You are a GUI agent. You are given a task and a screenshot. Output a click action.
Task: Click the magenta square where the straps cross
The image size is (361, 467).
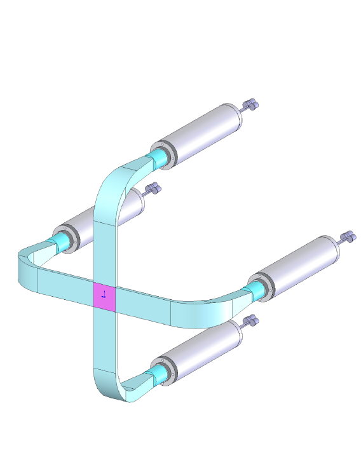(x=105, y=297)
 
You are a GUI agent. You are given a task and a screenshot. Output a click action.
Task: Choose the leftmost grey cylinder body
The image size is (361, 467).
(x=108, y=213)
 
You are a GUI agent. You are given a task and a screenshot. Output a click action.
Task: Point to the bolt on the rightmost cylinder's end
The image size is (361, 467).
(x=348, y=238)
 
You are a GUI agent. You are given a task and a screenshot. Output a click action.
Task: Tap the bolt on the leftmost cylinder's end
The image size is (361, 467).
(x=153, y=189)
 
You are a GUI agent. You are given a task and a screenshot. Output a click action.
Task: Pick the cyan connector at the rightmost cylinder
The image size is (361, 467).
(x=254, y=290)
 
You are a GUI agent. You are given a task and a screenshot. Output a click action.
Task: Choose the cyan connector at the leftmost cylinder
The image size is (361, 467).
(x=60, y=241)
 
